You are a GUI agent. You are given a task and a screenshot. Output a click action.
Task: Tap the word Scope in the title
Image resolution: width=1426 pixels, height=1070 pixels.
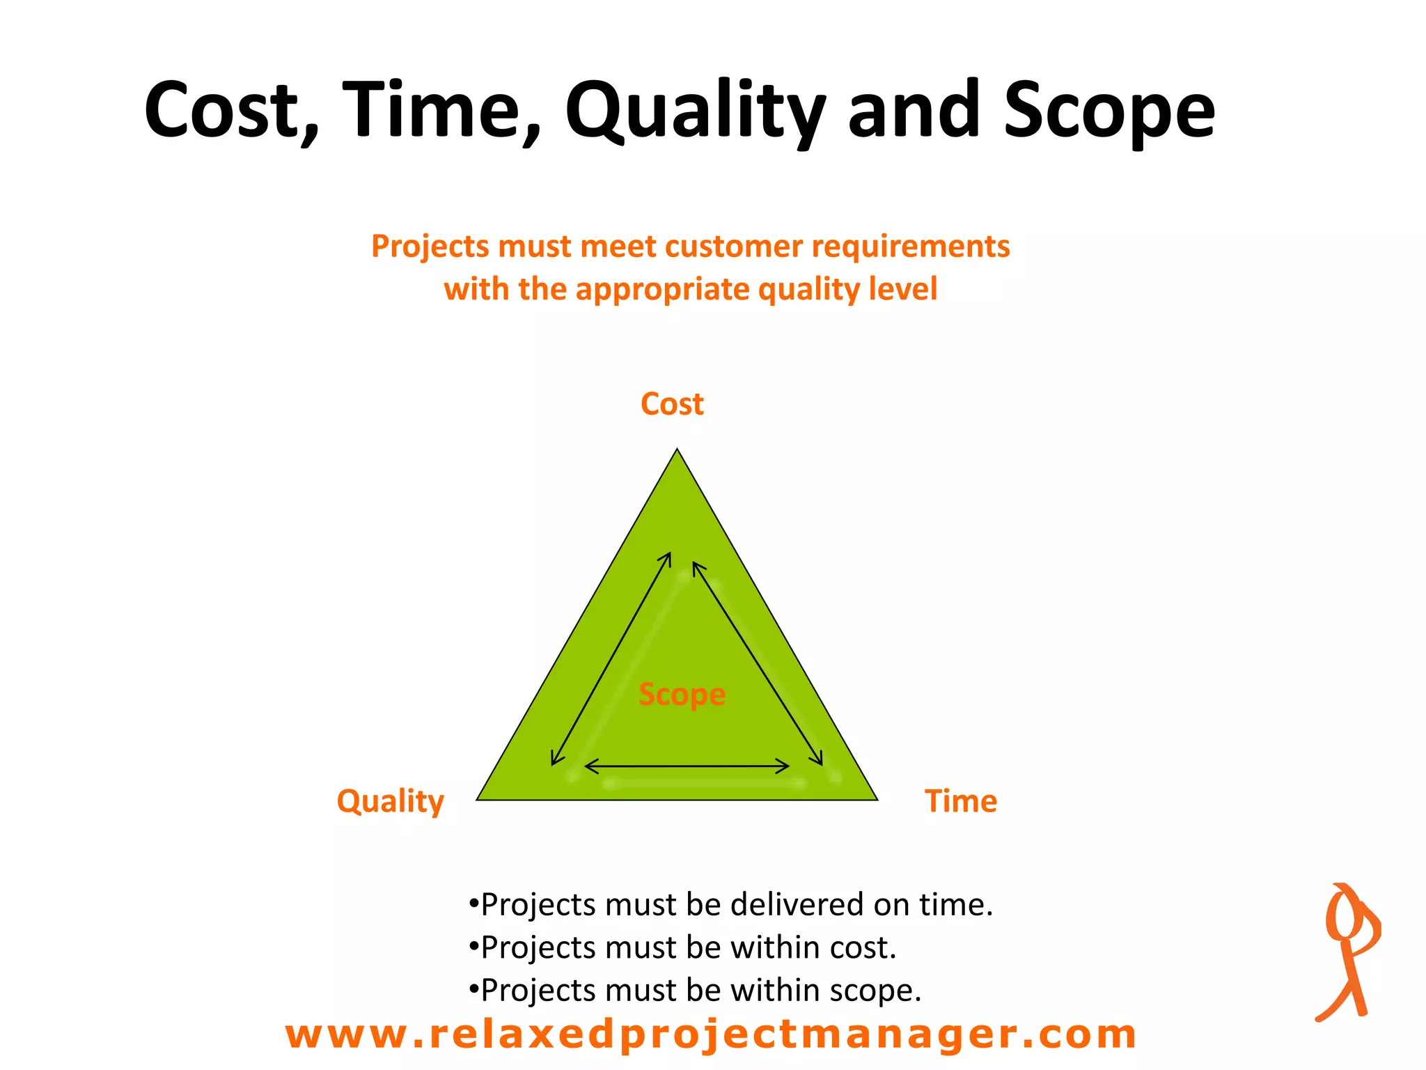click(x=1108, y=111)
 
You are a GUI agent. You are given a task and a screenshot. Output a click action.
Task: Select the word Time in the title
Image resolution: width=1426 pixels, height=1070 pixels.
click(x=441, y=111)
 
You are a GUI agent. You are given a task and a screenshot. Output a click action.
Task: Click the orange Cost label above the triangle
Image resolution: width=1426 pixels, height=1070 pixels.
click(x=672, y=404)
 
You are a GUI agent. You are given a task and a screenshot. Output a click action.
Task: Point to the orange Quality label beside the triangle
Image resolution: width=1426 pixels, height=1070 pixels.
click(x=390, y=801)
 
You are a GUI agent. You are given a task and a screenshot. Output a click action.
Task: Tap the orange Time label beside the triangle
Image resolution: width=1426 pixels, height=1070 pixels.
click(x=960, y=801)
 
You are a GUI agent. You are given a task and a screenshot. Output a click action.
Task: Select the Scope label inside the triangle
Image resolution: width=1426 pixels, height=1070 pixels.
click(x=682, y=694)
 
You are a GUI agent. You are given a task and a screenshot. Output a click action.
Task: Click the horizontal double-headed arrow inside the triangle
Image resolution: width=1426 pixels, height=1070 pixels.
click(x=687, y=767)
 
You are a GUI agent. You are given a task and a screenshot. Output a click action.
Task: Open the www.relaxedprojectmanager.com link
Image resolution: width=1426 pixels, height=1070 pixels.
click(x=710, y=1034)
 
